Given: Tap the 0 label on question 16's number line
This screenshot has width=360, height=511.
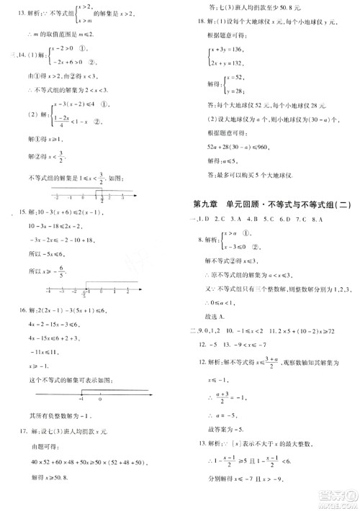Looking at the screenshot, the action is point(100,398).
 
